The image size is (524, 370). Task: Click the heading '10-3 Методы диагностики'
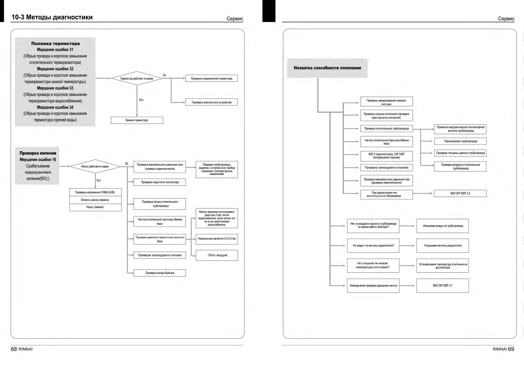52,17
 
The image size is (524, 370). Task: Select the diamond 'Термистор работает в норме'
137,79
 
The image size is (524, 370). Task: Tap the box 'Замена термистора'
137,120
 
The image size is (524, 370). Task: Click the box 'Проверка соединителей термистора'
211,79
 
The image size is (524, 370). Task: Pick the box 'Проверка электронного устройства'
211,102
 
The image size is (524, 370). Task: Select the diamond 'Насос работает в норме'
95,167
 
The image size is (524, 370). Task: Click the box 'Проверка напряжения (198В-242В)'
95,192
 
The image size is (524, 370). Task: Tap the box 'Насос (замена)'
95,207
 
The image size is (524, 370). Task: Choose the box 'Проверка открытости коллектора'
160,182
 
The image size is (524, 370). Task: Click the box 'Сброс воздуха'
217,255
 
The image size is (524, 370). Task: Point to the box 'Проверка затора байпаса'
160,273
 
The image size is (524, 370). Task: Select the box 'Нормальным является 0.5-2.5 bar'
217,239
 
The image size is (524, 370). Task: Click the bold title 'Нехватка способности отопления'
327,68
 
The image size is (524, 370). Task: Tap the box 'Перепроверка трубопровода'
460,141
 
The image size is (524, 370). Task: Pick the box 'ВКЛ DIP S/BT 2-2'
460,193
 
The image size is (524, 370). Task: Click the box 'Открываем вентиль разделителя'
442,246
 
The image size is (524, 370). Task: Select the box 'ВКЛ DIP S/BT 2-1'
442,285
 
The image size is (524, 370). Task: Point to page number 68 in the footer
14,349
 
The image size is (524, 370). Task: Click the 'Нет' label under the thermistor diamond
141,100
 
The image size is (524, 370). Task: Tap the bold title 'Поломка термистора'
55,44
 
